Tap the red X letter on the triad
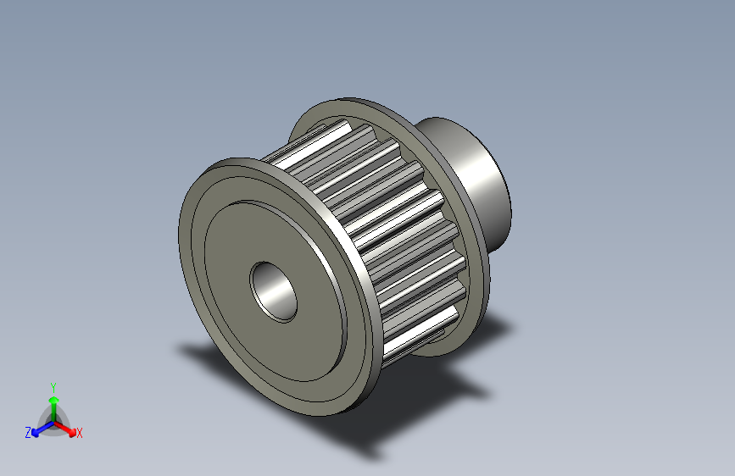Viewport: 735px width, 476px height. pyautogui.click(x=80, y=433)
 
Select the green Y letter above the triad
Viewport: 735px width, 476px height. pyautogui.click(x=53, y=386)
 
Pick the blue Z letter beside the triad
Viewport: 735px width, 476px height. pyautogui.click(x=28, y=432)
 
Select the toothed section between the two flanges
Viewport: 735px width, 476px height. pyautogui.click(x=381, y=220)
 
